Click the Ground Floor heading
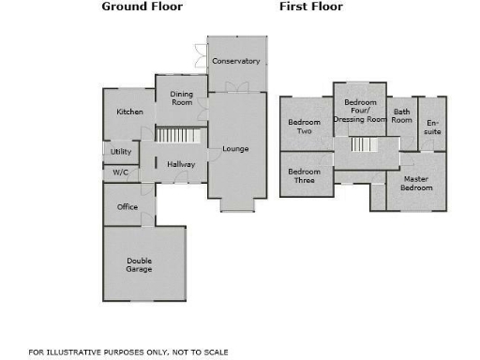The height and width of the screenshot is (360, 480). tap(142, 7)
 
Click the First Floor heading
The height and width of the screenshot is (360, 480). tap(311, 7)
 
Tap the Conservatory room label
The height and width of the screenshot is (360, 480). tap(235, 61)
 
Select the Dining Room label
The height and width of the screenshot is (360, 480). tap(181, 98)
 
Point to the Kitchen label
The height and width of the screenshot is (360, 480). tap(129, 112)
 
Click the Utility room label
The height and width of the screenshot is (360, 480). tap(121, 151)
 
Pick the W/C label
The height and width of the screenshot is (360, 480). tap(120, 172)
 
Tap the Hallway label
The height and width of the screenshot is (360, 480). tap(181, 165)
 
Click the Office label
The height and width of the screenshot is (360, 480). tap(127, 207)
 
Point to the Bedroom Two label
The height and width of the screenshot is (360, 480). tap(304, 127)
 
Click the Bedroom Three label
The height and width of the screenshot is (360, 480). tap(303, 176)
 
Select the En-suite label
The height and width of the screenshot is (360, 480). tap(432, 127)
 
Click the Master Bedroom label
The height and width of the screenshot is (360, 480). tap(416, 183)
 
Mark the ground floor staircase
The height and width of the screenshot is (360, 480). tap(178, 136)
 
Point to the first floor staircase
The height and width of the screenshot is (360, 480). tap(364, 144)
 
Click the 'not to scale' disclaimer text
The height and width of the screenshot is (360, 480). tap(128, 352)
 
